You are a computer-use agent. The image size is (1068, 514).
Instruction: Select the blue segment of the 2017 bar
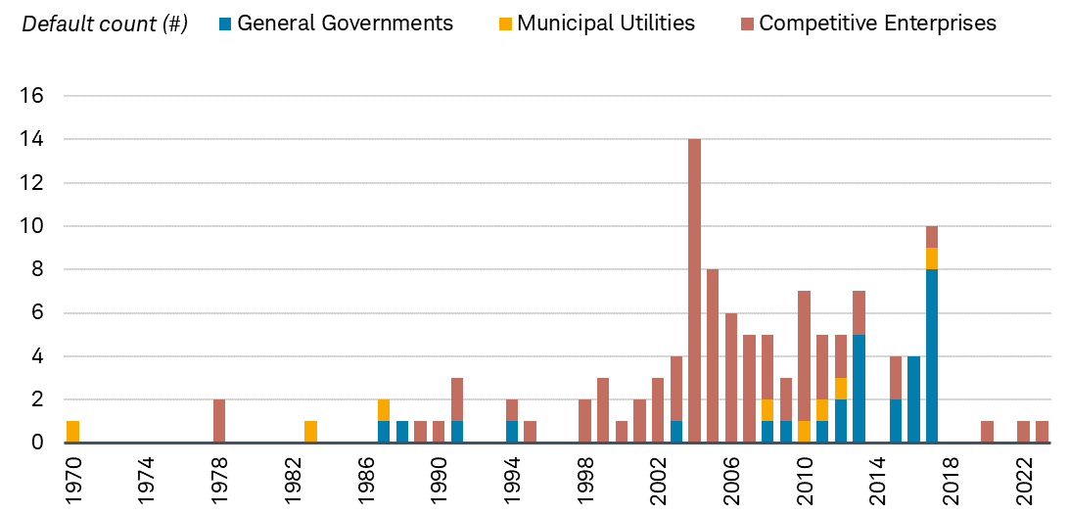[932, 356]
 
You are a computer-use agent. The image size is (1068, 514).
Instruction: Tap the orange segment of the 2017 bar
[932, 258]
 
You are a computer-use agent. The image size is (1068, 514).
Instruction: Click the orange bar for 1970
[72, 432]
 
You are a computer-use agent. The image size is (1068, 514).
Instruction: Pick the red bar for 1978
[218, 421]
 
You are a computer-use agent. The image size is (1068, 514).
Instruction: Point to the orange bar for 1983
[310, 432]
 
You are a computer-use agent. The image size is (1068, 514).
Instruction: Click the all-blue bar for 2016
[913, 399]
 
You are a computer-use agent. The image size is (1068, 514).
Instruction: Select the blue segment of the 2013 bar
[859, 389]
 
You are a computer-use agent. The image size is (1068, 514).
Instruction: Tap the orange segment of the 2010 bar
[804, 432]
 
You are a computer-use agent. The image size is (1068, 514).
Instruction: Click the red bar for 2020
[987, 432]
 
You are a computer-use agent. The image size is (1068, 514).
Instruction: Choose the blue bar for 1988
[402, 432]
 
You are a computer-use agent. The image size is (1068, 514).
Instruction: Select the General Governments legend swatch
[225, 23]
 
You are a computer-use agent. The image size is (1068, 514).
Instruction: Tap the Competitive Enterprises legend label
[877, 23]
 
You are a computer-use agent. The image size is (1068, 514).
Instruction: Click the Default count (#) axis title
[105, 23]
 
